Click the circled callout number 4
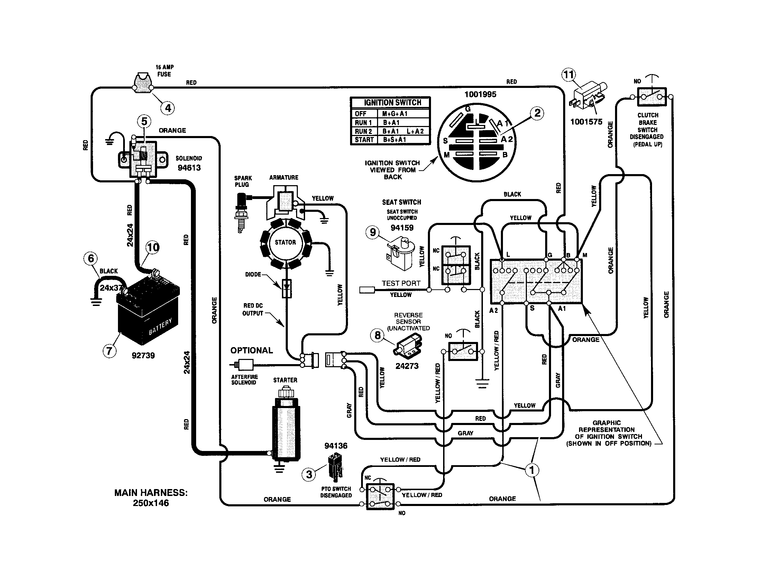point(168,108)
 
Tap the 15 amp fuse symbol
point(143,84)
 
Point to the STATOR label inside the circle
point(285,242)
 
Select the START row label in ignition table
point(364,140)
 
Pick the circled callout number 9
point(373,232)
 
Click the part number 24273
point(407,366)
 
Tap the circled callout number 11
point(568,75)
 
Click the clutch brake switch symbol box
point(652,97)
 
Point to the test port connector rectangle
point(367,290)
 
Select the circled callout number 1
point(532,470)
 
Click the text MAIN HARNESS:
point(151,493)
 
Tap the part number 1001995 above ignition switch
point(480,94)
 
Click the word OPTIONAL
point(251,350)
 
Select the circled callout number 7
point(109,350)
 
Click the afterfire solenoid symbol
point(244,365)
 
